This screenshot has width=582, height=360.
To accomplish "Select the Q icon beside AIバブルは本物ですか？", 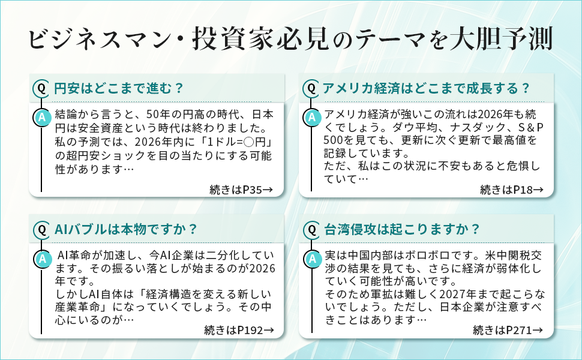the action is coord(42,229).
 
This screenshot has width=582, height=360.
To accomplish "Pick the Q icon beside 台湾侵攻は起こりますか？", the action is coord(311,229).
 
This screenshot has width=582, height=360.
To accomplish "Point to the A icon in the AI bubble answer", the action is coord(42,259).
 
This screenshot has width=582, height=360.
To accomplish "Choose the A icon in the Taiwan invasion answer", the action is coord(311,259).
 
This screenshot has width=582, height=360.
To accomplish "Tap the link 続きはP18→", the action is coord(512,190).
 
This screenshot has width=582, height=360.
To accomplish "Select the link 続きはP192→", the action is coord(239,331).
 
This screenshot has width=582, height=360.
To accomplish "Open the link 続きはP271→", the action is coord(508,331).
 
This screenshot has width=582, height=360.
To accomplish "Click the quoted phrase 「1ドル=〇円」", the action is coord(237,142).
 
